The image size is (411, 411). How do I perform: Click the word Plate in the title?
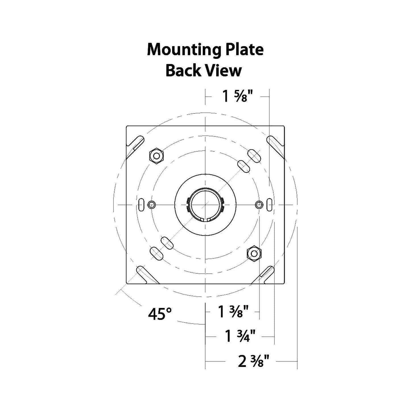[x=244, y=49]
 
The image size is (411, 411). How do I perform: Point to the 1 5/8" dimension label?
[x=237, y=96]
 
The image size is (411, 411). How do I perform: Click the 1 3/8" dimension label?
[x=234, y=311]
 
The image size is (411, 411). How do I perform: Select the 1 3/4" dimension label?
[x=240, y=336]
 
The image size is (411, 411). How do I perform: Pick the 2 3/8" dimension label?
[x=253, y=361]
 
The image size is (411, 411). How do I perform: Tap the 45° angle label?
[x=160, y=314]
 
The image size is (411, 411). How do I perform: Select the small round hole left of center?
[x=152, y=204]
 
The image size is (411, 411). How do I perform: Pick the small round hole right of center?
[x=259, y=204]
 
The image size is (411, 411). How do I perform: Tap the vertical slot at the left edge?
[x=141, y=204]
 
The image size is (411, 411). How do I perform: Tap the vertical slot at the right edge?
[x=269, y=204]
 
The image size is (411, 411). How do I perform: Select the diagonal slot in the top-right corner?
[x=274, y=144]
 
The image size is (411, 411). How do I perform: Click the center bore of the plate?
[x=205, y=204]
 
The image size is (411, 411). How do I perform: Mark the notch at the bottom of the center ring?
[x=205, y=219]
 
